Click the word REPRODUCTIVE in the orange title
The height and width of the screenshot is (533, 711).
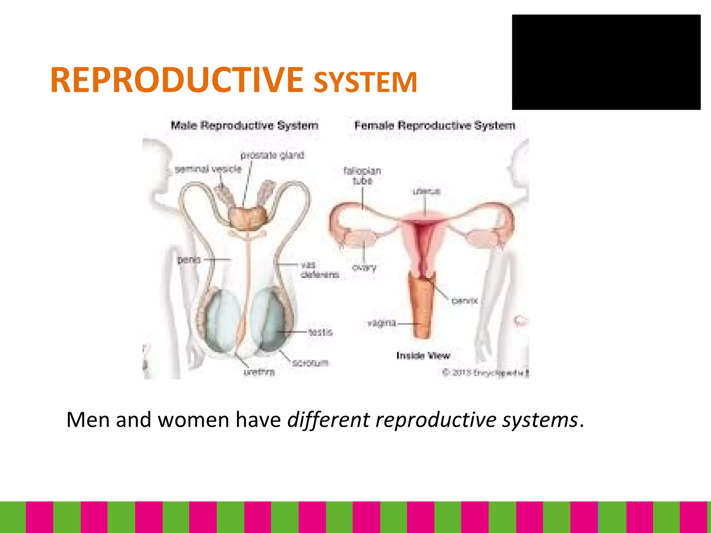177,80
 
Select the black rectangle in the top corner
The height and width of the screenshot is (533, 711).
606,62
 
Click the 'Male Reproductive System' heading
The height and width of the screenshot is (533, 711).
244,125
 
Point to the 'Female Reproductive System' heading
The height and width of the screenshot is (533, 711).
435,125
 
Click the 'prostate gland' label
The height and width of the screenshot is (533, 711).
272,155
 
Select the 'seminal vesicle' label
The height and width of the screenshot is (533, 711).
208,169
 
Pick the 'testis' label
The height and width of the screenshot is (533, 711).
320,332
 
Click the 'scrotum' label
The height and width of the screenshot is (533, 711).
310,363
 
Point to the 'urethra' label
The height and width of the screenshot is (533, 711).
259,372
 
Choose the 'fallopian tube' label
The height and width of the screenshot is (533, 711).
362,176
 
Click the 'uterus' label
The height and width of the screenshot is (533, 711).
426,192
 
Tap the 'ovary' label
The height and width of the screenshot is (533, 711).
364,268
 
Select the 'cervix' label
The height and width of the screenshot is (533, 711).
465,301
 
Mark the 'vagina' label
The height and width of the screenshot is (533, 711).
382,323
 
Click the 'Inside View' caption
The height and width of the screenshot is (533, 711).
423,356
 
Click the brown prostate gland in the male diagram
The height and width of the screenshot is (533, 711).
248,218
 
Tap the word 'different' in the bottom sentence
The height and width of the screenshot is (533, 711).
328,420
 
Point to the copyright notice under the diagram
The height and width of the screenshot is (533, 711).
485,373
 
